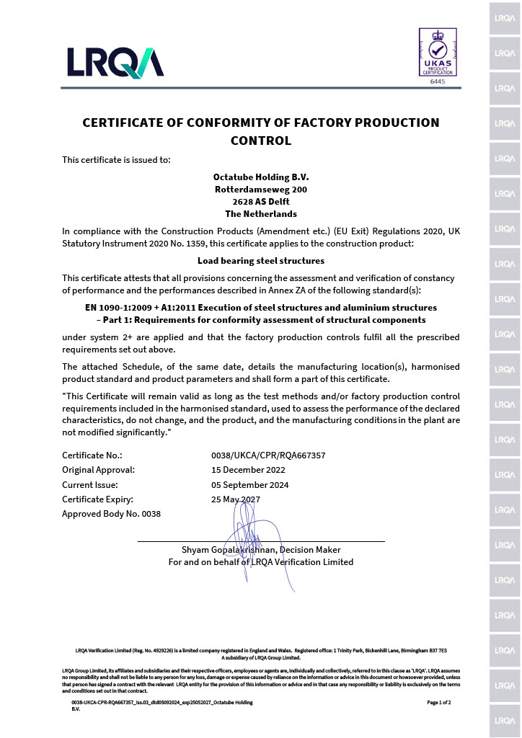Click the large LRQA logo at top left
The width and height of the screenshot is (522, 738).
coord(115,62)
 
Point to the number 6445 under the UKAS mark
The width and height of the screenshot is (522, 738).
coord(438,82)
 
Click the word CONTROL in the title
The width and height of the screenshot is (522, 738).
coord(260,141)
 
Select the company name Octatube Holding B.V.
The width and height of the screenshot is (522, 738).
coord(260,177)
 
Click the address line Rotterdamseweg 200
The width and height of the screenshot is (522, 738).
coord(260,189)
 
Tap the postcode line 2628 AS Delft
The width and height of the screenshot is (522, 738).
coord(260,201)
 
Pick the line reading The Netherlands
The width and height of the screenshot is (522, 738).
coord(260,213)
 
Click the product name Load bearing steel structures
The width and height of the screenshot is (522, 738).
coord(260,260)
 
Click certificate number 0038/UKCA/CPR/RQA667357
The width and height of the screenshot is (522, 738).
coord(267,455)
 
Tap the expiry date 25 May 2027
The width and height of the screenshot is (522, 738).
coord(236,499)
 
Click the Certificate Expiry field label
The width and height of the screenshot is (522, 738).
coord(97,499)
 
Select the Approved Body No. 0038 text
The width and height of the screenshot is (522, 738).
coord(111,514)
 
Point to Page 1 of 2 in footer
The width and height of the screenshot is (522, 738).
coord(438,702)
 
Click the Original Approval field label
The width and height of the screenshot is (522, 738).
coord(98,470)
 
